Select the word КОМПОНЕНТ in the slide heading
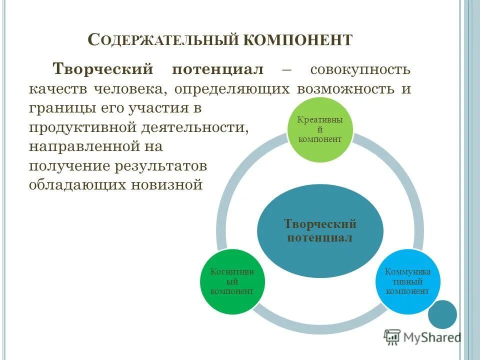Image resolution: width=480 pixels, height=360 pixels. coord(298,40)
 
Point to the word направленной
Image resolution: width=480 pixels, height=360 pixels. coord(83,147)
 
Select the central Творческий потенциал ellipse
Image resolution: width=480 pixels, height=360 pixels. coord(320,230)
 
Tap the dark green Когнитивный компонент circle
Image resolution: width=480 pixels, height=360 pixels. coord(232,281)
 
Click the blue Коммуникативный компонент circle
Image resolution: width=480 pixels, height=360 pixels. coord(407,281)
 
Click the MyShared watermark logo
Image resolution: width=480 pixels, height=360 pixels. coord(422,337)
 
